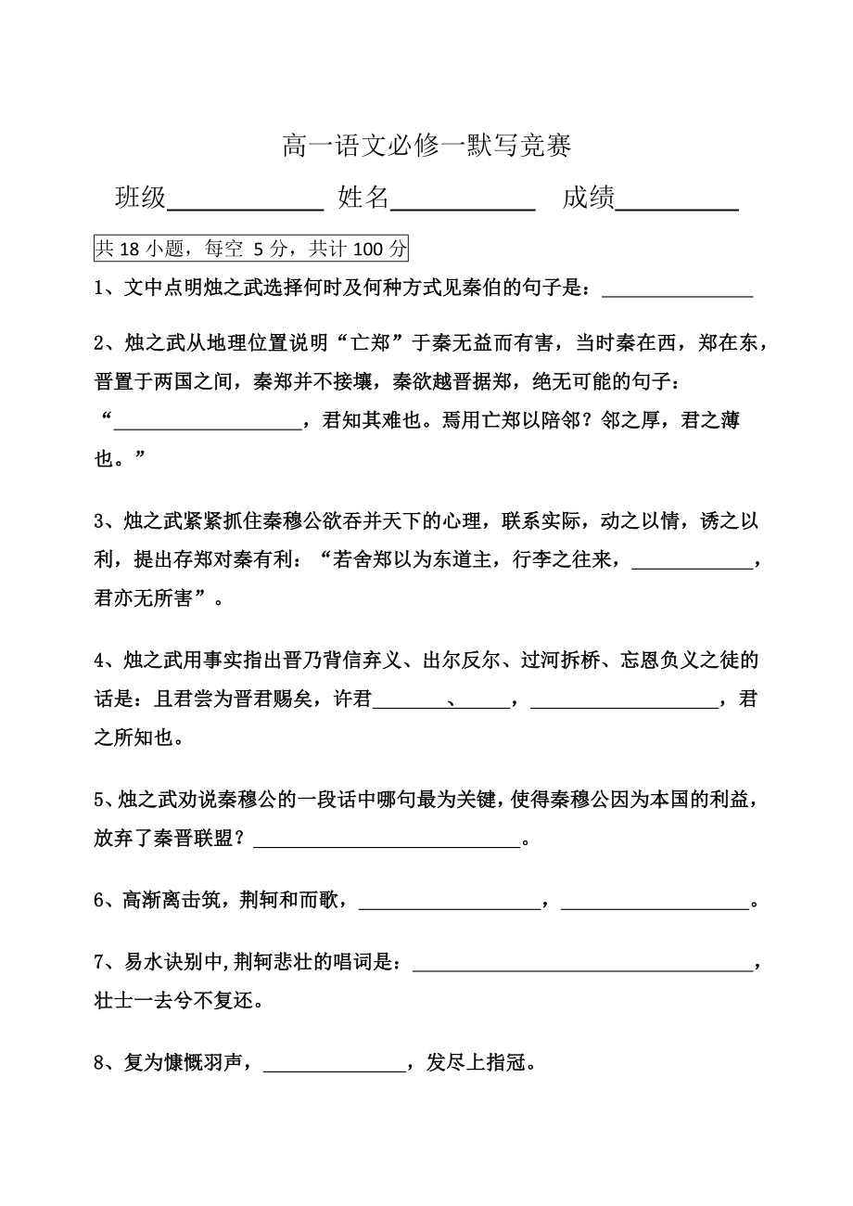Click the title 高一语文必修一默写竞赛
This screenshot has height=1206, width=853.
[x=426, y=146]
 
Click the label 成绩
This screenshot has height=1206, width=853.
[x=588, y=198]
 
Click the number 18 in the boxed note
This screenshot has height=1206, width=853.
[x=130, y=249]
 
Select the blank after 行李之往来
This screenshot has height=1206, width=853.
[x=690, y=565]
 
